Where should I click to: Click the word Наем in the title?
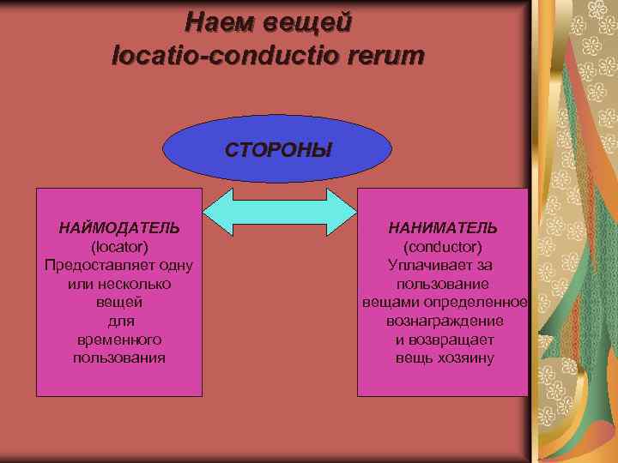(x=221, y=21)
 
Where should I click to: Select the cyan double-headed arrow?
(x=279, y=212)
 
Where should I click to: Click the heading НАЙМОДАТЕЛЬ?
(x=119, y=228)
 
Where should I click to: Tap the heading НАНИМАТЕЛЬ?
(x=443, y=228)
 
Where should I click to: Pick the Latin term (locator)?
(x=119, y=247)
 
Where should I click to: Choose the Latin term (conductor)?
(x=443, y=247)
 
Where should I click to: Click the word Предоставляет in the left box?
(x=90, y=265)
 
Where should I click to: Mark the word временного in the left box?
(x=119, y=340)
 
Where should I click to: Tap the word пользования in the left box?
(x=119, y=358)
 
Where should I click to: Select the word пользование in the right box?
(x=443, y=284)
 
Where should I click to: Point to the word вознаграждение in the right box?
(x=443, y=321)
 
